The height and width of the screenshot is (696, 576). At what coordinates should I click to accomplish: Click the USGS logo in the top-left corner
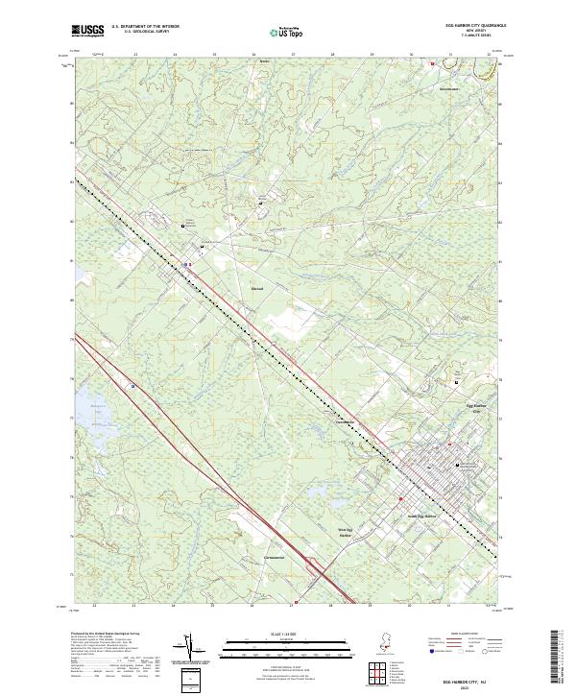pos(87,31)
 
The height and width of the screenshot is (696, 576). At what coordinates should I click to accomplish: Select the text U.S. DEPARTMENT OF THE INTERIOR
pos(145,26)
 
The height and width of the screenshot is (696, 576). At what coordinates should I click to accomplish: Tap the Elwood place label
pos(256,286)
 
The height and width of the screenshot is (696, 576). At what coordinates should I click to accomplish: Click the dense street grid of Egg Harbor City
pos(432,470)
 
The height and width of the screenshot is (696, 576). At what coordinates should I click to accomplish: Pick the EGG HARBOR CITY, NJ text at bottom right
pos(464,677)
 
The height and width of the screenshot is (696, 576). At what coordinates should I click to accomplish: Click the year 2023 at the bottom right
pos(464,685)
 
